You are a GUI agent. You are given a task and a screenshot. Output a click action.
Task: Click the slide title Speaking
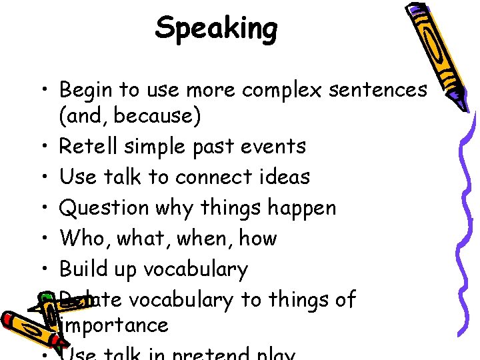216,29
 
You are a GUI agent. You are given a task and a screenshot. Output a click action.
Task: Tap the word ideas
287,177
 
